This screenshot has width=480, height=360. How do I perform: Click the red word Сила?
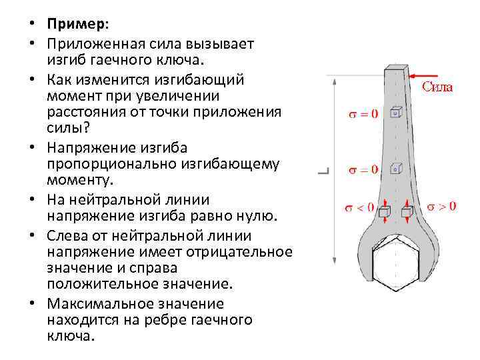(439, 86)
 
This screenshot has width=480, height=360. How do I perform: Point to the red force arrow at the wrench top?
(427, 75)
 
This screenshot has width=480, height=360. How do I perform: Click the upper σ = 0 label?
(363, 113)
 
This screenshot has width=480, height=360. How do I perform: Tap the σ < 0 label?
(359, 207)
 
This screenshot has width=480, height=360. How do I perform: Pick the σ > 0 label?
(441, 207)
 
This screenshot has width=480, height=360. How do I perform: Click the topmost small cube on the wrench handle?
(397, 113)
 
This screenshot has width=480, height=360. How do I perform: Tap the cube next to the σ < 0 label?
(383, 213)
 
